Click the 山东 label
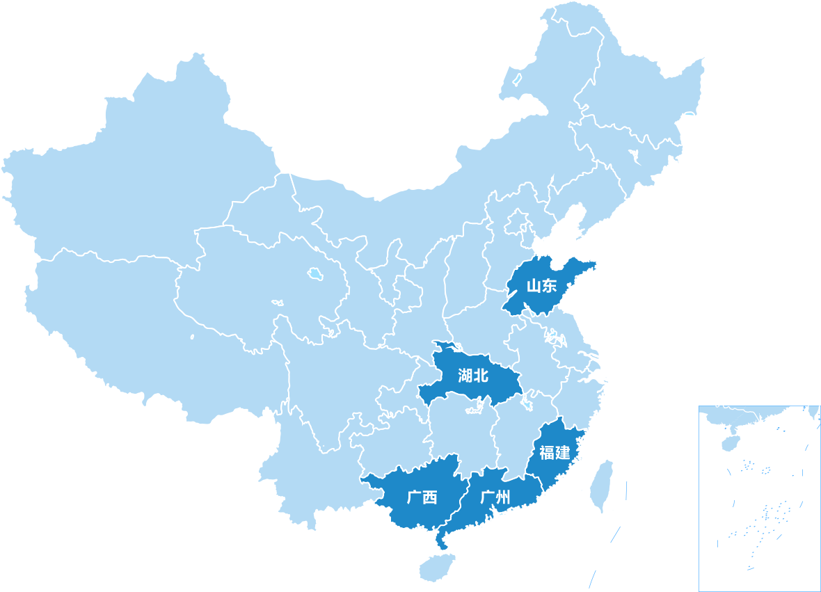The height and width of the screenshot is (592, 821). [542, 286]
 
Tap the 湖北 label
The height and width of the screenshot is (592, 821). [473, 376]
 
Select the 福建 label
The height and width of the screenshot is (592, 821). [555, 453]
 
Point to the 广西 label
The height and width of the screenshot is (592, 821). [422, 498]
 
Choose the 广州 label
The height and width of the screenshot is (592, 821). [495, 498]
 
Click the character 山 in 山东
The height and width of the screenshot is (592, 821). [534, 286]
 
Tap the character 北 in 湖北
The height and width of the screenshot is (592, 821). [481, 376]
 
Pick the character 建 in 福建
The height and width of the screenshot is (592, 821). [563, 453]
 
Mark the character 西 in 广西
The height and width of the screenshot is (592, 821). [430, 498]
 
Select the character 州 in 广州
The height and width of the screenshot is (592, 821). [504, 498]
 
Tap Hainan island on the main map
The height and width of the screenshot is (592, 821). [437, 566]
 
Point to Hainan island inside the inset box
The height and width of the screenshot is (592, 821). [729, 442]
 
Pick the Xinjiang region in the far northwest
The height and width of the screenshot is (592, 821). [139, 174]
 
